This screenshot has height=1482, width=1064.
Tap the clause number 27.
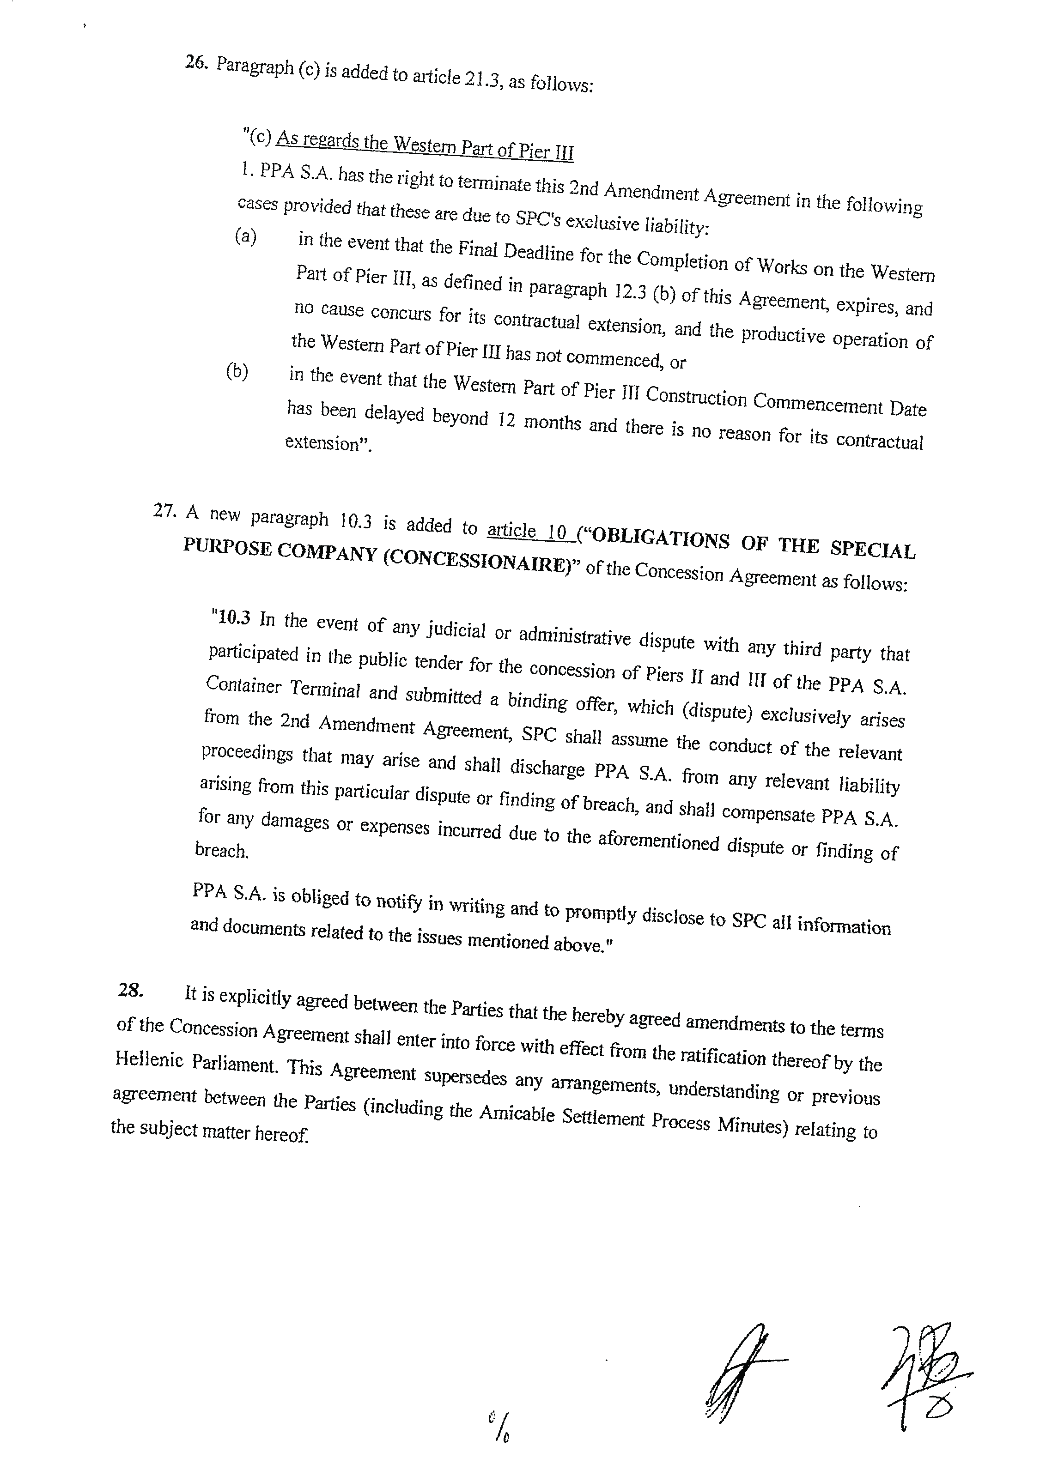click(x=164, y=510)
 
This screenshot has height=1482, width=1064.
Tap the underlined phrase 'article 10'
click(x=528, y=531)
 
